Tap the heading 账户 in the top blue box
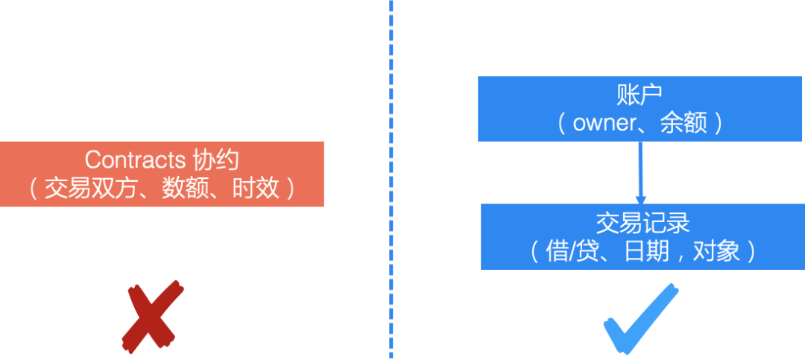[640, 95]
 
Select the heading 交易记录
[643, 223]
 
